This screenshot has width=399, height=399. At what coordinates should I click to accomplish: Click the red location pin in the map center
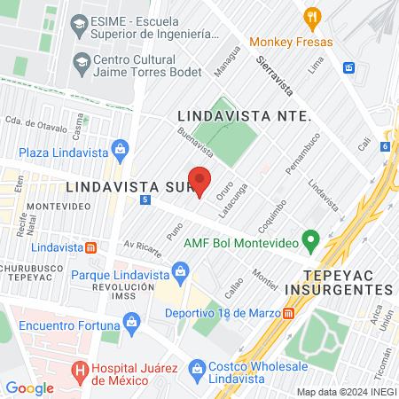200,181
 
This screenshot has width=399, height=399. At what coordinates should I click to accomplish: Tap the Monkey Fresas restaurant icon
311,17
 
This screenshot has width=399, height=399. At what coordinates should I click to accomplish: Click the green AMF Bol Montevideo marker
310,239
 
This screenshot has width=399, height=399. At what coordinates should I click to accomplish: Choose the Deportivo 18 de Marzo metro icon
289,313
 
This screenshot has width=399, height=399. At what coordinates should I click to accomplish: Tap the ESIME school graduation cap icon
77,20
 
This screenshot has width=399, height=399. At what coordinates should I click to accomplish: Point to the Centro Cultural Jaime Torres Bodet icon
82,62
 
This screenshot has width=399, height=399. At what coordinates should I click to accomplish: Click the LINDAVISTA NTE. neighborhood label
243,116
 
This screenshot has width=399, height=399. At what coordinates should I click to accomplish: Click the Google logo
29,387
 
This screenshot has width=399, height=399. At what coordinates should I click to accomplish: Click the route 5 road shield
145,200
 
